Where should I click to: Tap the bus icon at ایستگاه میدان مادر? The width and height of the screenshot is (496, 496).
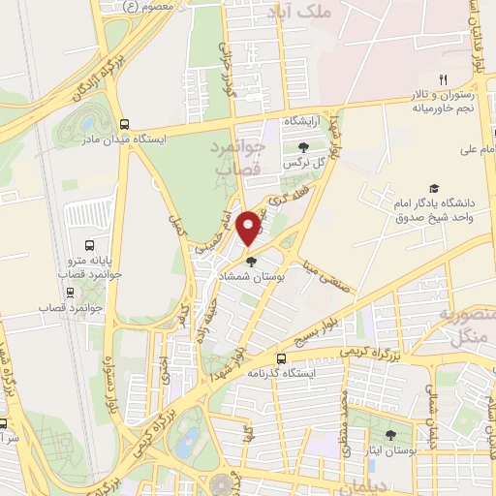(x=123, y=123)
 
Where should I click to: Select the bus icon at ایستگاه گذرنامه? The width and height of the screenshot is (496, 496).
(x=282, y=357)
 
